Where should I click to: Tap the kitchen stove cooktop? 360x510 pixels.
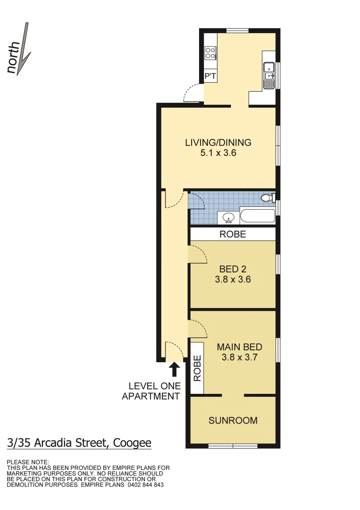coord(210,53)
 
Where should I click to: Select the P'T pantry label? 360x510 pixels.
coord(210,76)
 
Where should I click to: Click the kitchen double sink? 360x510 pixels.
coord(269,75)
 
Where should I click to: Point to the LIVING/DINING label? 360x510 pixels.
coord(218,142)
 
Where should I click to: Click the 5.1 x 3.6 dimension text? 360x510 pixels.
coord(218,153)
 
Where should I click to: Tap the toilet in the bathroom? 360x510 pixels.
coord(268,198)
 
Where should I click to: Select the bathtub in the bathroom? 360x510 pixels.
coord(258,216)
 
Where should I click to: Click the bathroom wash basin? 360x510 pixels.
coord(229,218)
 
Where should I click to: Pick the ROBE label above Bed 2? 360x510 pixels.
coord(233,234)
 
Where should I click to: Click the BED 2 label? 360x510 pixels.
coord(233,269)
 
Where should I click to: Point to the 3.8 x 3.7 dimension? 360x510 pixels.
coord(239,357)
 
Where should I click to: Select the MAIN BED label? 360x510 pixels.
coord(239,347)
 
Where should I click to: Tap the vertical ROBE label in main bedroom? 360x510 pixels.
coord(197,368)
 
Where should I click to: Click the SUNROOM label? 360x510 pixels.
coord(233,420)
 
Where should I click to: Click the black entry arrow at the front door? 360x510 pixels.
coord(174,369)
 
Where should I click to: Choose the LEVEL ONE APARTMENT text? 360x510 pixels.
coord(151,391)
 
